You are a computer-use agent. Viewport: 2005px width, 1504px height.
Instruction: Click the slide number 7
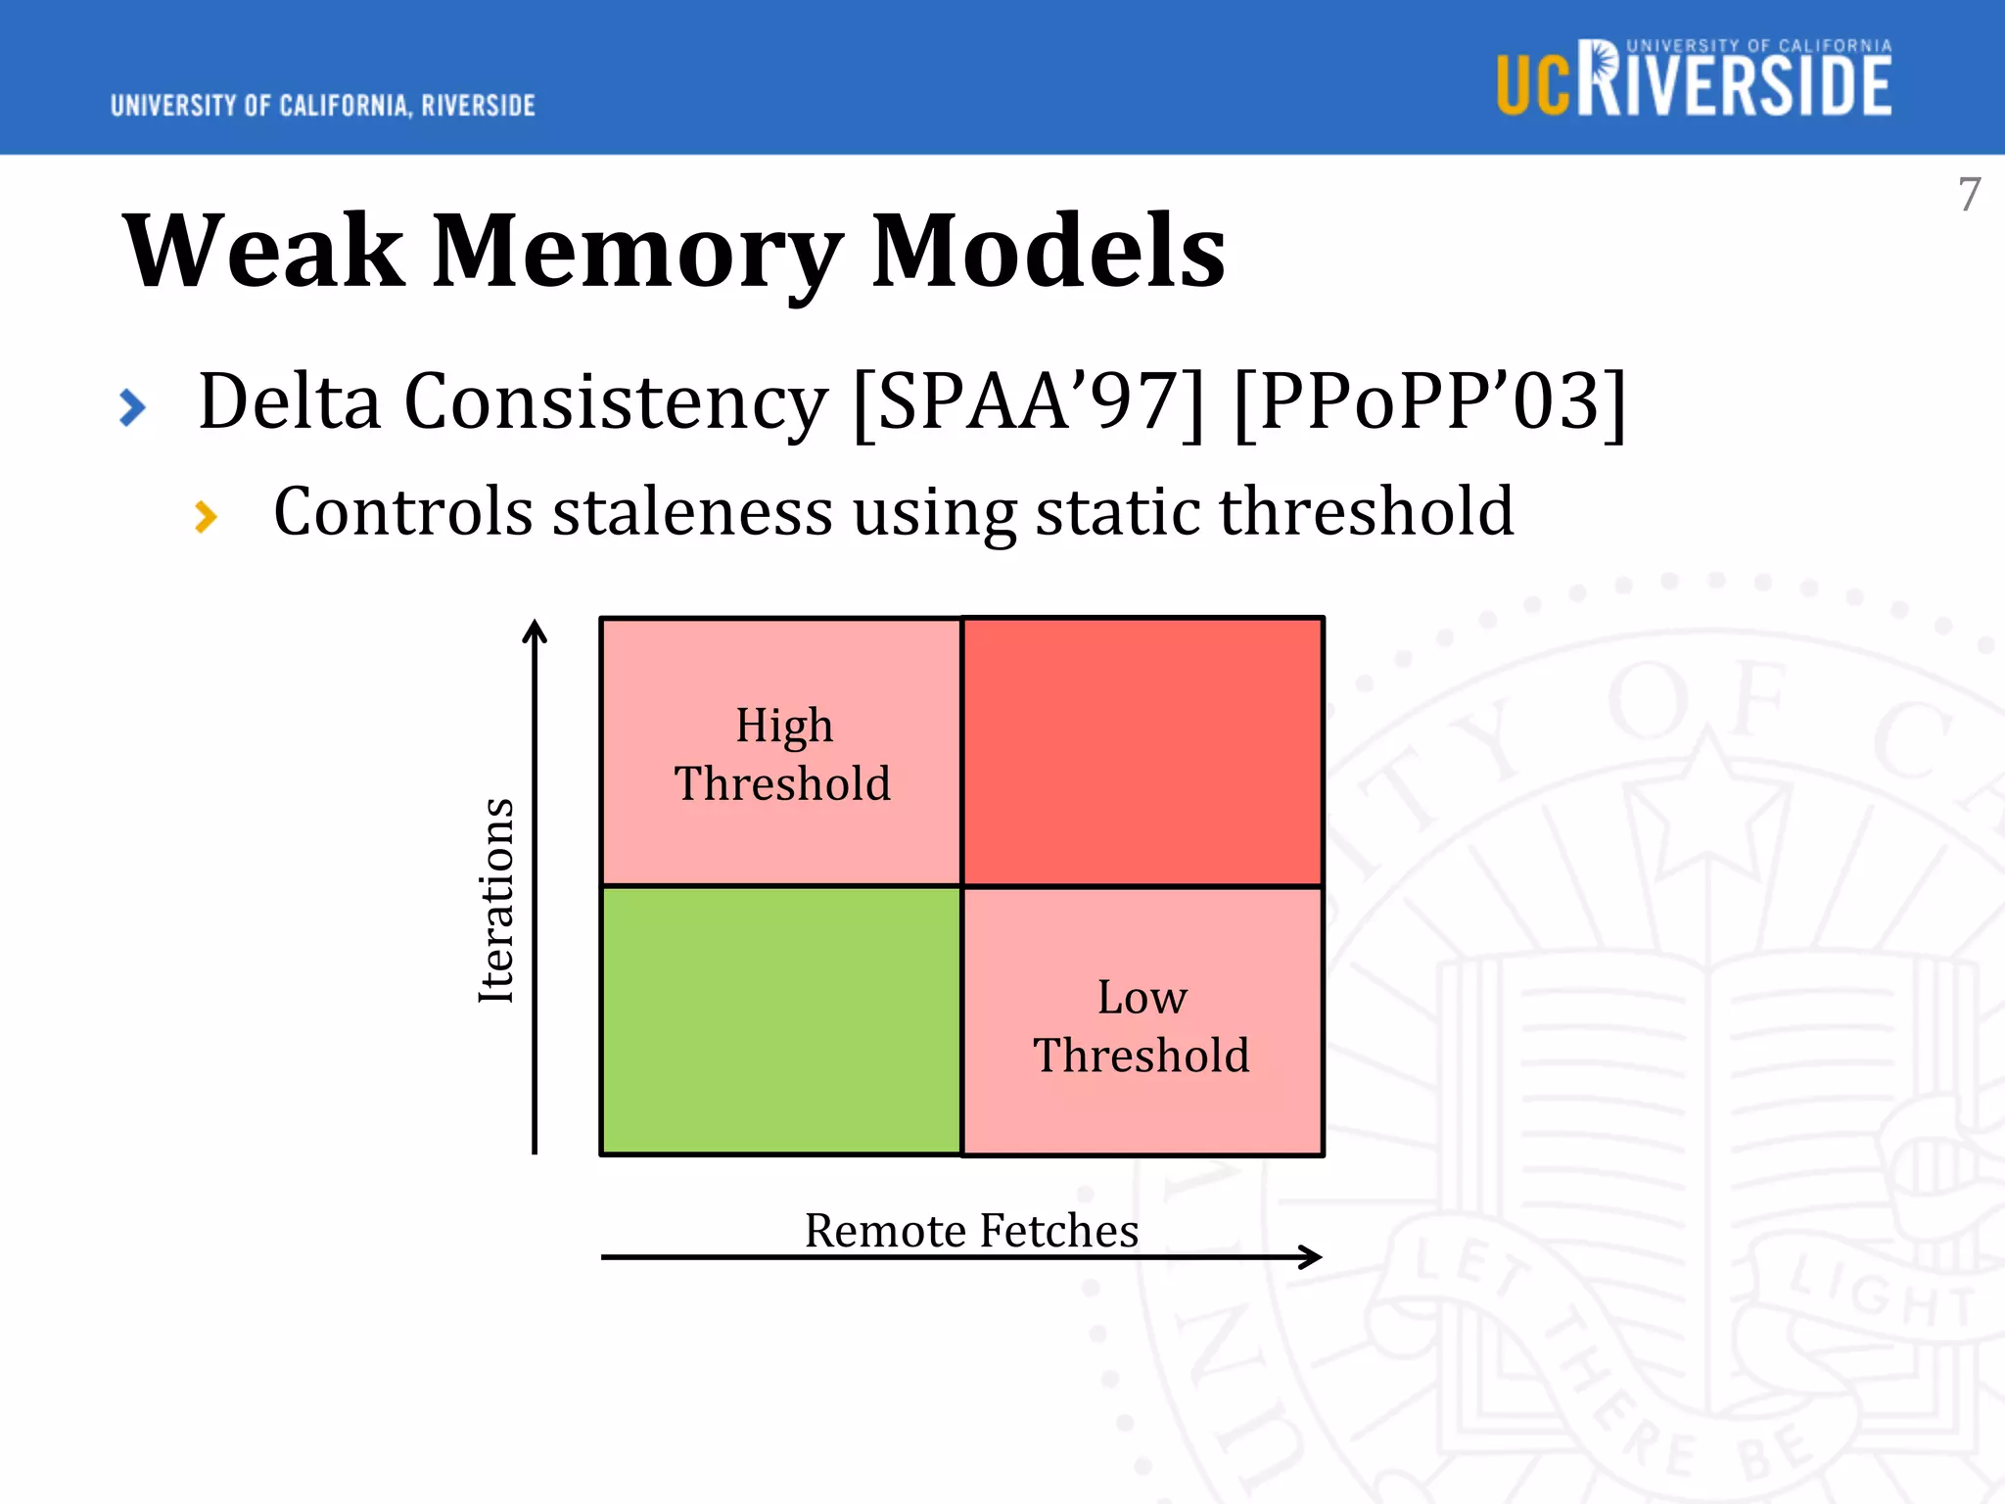(x=1969, y=194)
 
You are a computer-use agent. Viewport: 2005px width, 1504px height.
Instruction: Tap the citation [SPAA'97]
(x=1028, y=401)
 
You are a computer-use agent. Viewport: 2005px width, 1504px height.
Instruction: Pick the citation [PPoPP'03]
(x=1429, y=401)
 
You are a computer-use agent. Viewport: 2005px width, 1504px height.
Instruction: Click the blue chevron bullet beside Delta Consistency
(x=132, y=407)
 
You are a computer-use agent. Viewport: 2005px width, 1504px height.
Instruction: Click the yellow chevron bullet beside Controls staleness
(x=206, y=516)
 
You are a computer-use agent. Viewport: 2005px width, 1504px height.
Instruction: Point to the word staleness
(x=691, y=511)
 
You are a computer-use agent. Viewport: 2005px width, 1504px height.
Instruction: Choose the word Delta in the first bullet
(x=289, y=401)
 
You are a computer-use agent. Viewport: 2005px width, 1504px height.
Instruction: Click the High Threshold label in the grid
(x=783, y=754)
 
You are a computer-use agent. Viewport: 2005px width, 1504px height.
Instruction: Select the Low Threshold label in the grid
(x=1142, y=1026)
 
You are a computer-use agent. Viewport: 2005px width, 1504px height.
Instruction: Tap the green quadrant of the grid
(x=781, y=1020)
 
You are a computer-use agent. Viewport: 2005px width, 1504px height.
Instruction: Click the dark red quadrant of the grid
(x=1142, y=752)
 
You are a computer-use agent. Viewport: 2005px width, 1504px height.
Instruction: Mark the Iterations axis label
(x=496, y=901)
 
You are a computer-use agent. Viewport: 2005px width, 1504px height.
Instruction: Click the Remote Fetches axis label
(x=971, y=1230)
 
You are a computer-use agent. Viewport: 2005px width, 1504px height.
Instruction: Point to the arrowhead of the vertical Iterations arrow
(x=535, y=630)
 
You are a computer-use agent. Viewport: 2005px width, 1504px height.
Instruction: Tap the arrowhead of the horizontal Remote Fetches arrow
(x=1312, y=1256)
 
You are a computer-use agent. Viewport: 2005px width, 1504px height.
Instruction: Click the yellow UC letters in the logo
(x=1533, y=86)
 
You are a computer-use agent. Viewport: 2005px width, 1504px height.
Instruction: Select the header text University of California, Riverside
(x=323, y=106)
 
